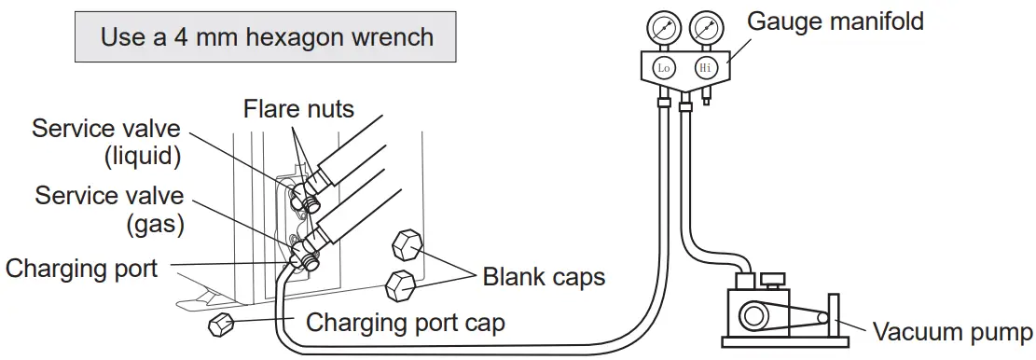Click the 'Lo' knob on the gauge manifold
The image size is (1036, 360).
(x=664, y=67)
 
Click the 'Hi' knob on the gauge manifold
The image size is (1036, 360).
(x=706, y=67)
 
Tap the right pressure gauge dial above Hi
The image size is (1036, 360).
(x=706, y=28)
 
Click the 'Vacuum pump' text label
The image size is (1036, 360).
(x=952, y=332)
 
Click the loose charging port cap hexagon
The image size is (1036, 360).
(x=221, y=325)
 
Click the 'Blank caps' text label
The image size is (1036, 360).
(x=544, y=277)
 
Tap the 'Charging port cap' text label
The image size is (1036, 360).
(x=406, y=323)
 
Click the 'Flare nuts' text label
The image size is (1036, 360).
(x=298, y=109)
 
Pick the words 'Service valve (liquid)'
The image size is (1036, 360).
(x=105, y=142)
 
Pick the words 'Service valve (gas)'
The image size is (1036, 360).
(x=109, y=210)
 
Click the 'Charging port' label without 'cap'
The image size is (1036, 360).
(x=82, y=269)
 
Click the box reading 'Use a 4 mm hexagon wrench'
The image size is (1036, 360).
(x=267, y=37)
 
